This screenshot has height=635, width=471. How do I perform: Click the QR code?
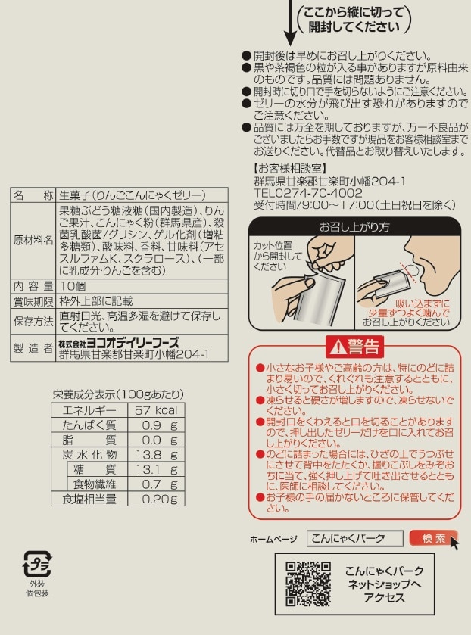(x=308, y=584)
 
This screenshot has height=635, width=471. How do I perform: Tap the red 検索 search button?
(x=433, y=538)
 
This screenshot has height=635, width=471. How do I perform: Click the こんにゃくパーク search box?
(x=354, y=538)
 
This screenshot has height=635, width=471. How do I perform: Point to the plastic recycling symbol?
(x=37, y=564)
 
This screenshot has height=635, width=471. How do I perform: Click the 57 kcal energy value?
(x=156, y=410)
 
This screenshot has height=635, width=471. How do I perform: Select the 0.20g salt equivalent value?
(x=160, y=499)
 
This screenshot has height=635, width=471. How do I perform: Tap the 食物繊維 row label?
(x=95, y=484)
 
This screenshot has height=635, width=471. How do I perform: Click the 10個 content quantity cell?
(x=73, y=286)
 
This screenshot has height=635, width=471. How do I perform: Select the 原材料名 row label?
(x=33, y=240)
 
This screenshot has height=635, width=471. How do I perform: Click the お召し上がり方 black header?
(x=354, y=227)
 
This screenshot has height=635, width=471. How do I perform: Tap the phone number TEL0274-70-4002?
(x=308, y=193)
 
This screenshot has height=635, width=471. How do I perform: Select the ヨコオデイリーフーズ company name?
(x=133, y=343)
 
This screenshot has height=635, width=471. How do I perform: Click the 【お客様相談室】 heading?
(x=290, y=168)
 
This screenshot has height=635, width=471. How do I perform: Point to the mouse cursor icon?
(x=454, y=543)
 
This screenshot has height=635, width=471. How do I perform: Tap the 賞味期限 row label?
(x=33, y=301)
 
